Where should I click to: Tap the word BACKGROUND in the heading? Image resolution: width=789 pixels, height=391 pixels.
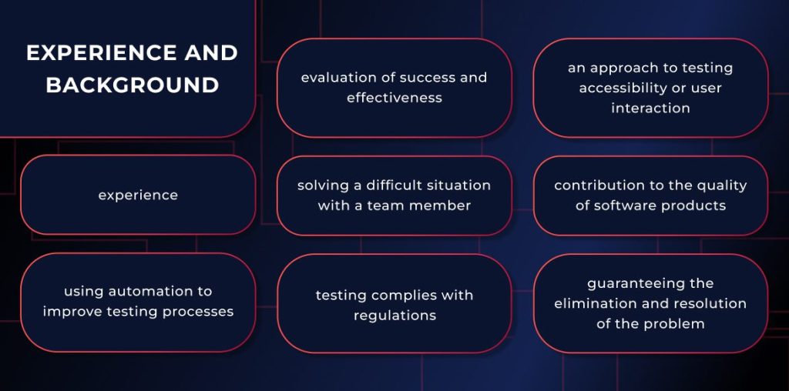(x=132, y=85)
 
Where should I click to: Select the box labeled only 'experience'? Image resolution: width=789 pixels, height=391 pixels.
(x=138, y=195)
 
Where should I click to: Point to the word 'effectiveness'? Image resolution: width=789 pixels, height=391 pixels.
(x=394, y=98)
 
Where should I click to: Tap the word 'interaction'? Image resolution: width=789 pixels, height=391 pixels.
(x=650, y=108)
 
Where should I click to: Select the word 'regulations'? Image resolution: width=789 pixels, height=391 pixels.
(x=394, y=316)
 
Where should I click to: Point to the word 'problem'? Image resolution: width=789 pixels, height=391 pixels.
(x=675, y=323)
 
